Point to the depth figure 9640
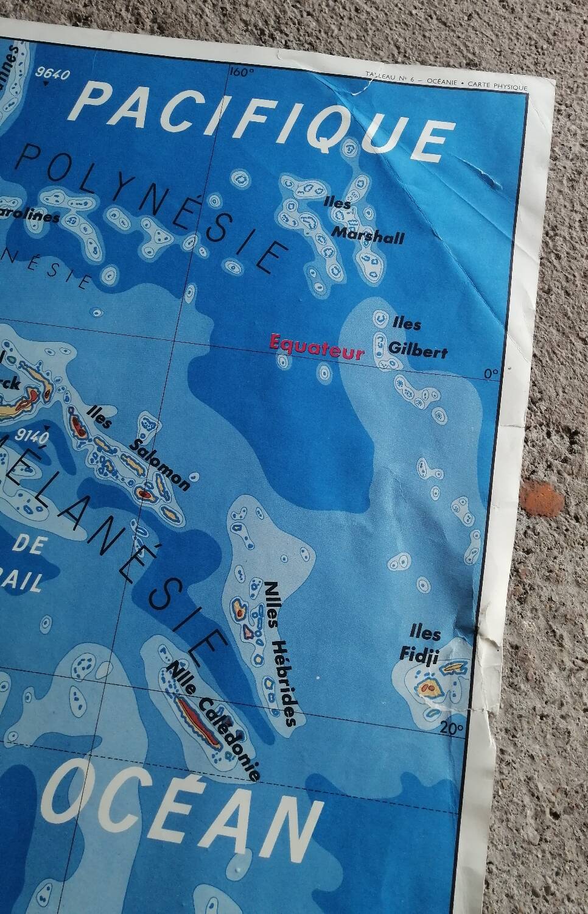click(53, 74)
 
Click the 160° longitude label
click(242, 73)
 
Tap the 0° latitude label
click(491, 374)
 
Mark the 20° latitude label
click(452, 727)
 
